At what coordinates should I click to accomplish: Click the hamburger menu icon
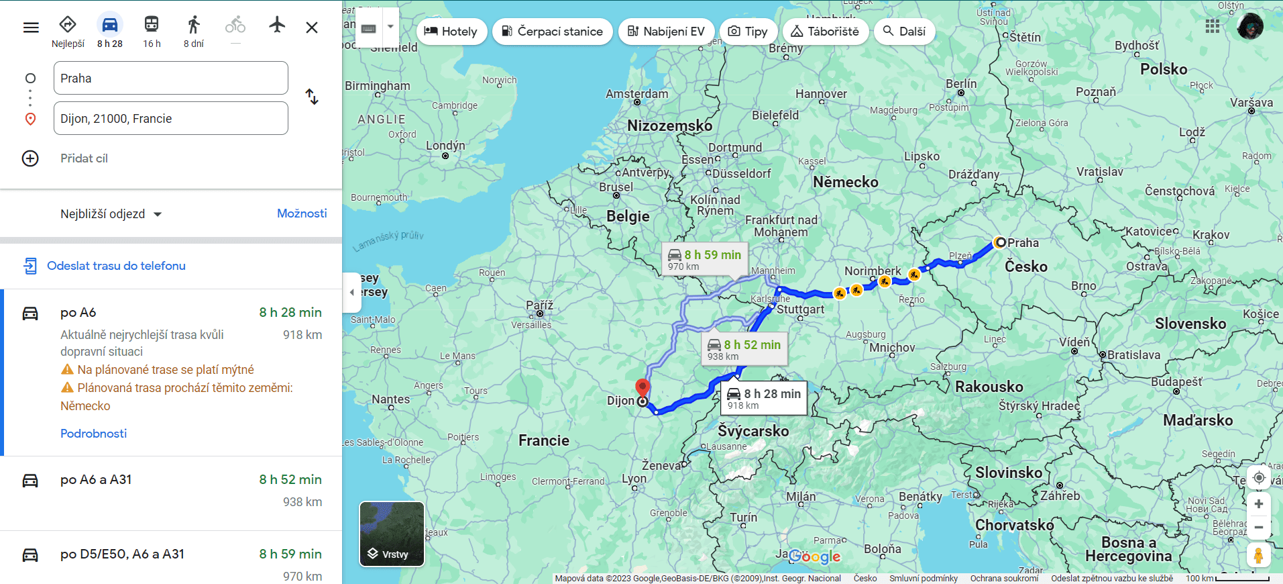tap(31, 28)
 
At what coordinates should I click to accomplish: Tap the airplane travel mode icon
tap(277, 26)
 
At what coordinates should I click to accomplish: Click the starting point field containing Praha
tap(170, 79)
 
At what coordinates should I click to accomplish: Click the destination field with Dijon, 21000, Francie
tap(170, 119)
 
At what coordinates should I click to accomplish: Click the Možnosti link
tap(302, 213)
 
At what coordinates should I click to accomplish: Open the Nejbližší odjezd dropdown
tap(111, 214)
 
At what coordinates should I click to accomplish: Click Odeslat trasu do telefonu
tap(116, 266)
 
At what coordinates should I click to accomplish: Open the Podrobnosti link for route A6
tap(93, 434)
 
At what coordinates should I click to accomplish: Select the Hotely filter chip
tap(451, 32)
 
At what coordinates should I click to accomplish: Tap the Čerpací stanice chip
tap(552, 32)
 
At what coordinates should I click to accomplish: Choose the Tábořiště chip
tap(825, 32)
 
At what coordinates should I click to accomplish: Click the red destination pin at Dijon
tap(643, 388)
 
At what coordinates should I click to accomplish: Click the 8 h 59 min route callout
tap(704, 260)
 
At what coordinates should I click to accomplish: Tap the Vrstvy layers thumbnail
tap(392, 534)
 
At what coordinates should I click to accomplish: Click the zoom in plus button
tap(1258, 504)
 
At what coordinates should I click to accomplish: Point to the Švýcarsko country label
tap(753, 431)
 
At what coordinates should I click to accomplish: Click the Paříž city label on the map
tap(539, 305)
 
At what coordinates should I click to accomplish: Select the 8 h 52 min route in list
tap(171, 493)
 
